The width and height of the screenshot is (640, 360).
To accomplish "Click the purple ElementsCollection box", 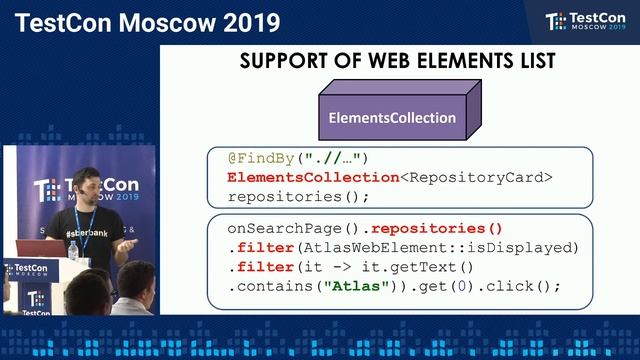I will (x=393, y=118).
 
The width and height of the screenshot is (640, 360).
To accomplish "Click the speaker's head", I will (x=85, y=186).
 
